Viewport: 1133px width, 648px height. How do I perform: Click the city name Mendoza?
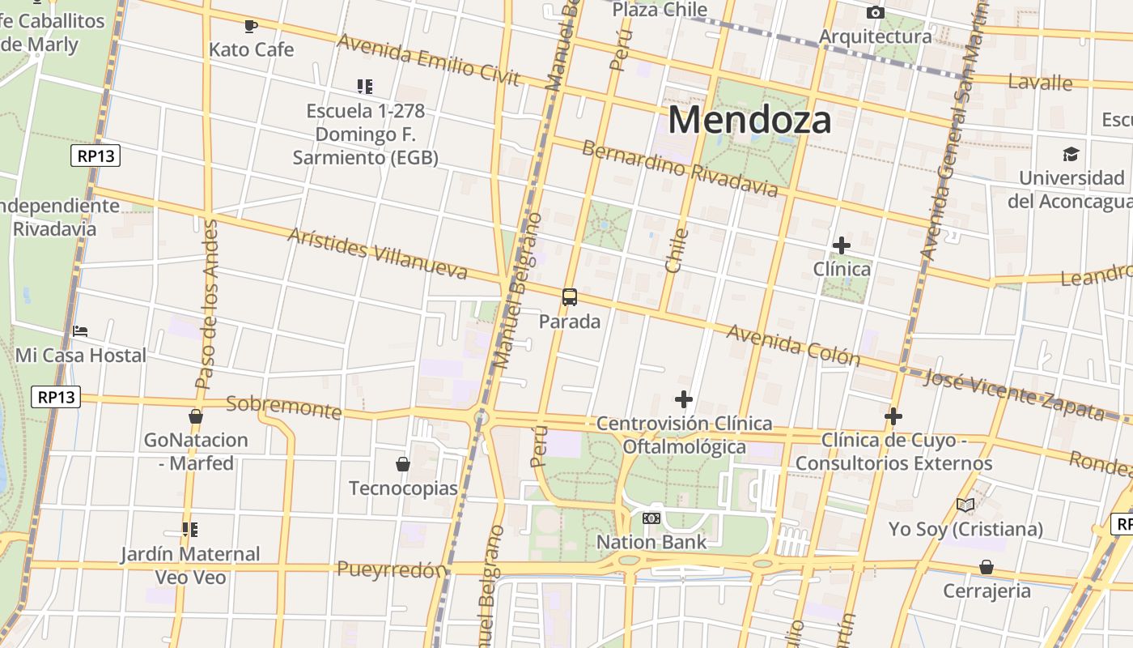(749, 120)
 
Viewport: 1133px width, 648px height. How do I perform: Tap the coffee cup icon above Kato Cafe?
(251, 26)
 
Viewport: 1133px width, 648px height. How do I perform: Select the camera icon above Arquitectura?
(875, 12)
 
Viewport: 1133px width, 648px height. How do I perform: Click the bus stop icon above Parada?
(570, 297)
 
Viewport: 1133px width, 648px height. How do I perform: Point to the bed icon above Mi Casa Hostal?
(80, 331)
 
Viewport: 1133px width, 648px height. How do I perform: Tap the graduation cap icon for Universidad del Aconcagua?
(1071, 154)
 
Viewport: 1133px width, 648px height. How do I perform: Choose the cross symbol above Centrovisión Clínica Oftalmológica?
(684, 399)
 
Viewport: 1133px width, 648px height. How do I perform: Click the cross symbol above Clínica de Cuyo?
(893, 416)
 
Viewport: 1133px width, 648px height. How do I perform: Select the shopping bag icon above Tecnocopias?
(402, 464)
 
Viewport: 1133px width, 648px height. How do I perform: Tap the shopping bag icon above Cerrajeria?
(986, 566)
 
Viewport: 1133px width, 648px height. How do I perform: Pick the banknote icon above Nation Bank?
(651, 518)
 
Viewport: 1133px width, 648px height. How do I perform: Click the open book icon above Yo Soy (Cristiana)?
(965, 505)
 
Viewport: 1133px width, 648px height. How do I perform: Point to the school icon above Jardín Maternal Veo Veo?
(190, 530)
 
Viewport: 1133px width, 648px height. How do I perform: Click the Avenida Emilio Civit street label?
(428, 59)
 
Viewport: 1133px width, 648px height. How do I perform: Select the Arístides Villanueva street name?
(378, 254)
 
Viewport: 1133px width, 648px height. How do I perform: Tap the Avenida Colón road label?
(792, 344)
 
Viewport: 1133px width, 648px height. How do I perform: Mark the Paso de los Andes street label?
(206, 304)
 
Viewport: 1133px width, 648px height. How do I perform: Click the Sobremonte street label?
(283, 407)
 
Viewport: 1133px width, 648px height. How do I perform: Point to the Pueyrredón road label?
(391, 569)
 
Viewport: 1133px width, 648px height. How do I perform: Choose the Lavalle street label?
(1040, 82)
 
